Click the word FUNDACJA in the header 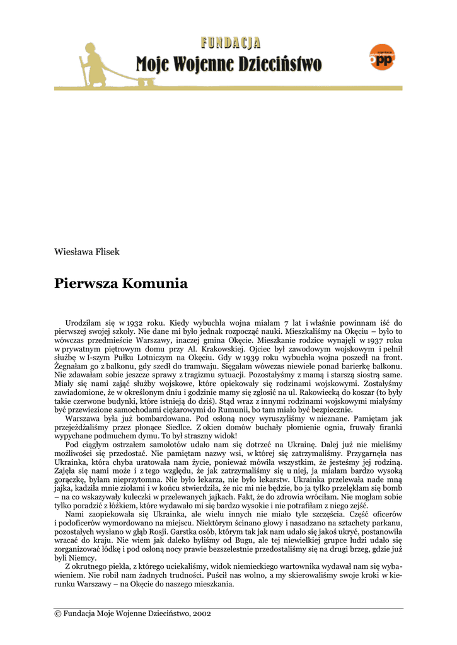click(x=231, y=43)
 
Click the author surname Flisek click(x=107, y=252)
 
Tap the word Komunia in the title click(x=159, y=283)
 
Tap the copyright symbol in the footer click(x=57, y=614)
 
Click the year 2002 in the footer click(x=202, y=614)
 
